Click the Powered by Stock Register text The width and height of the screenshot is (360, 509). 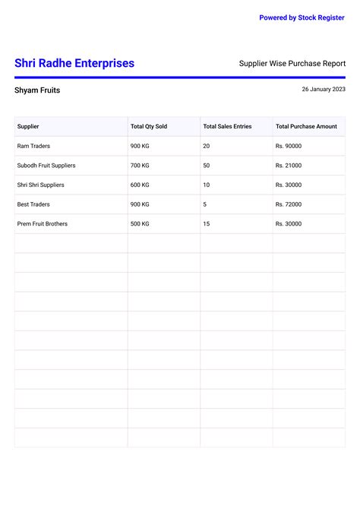tap(302, 17)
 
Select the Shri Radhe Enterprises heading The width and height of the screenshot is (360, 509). tap(74, 64)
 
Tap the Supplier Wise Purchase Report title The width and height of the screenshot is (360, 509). tap(292, 64)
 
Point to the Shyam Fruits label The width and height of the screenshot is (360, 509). tap(37, 90)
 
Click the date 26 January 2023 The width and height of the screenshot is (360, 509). tap(324, 90)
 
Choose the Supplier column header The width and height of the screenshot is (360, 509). tap(28, 126)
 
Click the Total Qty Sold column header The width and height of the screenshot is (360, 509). tap(149, 126)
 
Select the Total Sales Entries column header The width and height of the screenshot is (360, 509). tap(227, 126)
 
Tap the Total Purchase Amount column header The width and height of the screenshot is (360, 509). tap(306, 126)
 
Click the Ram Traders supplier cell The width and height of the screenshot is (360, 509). tap(33, 146)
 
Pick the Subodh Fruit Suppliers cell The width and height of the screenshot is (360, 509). tap(46, 166)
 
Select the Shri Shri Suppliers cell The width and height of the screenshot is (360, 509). tap(40, 185)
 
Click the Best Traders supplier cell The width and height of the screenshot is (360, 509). tap(33, 204)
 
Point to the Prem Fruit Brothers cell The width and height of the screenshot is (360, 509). tap(42, 224)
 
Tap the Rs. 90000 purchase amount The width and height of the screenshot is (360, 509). tap(289, 146)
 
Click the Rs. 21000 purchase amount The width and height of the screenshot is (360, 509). tap(289, 166)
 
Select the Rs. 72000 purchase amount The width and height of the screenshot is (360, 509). tap(289, 204)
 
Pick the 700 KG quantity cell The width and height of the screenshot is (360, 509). tap(140, 166)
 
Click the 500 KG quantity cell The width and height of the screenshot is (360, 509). tap(140, 224)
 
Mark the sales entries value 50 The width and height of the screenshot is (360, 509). tap(207, 166)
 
